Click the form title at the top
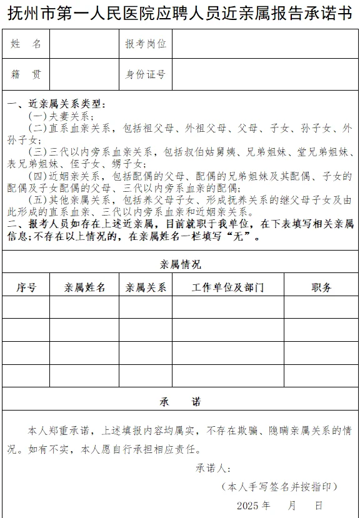180,14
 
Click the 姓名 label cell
26,44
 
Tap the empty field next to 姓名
84,44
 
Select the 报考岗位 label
146,44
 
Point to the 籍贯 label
26,74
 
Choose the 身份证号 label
146,74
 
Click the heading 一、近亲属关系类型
56,104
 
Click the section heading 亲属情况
180,264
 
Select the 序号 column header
26,287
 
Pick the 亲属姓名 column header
84,287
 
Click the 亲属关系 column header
146,287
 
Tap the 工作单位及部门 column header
227,287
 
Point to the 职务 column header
321,287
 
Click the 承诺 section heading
180,401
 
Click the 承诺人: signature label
214,468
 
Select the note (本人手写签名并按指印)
279,486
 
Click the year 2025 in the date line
247,505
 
